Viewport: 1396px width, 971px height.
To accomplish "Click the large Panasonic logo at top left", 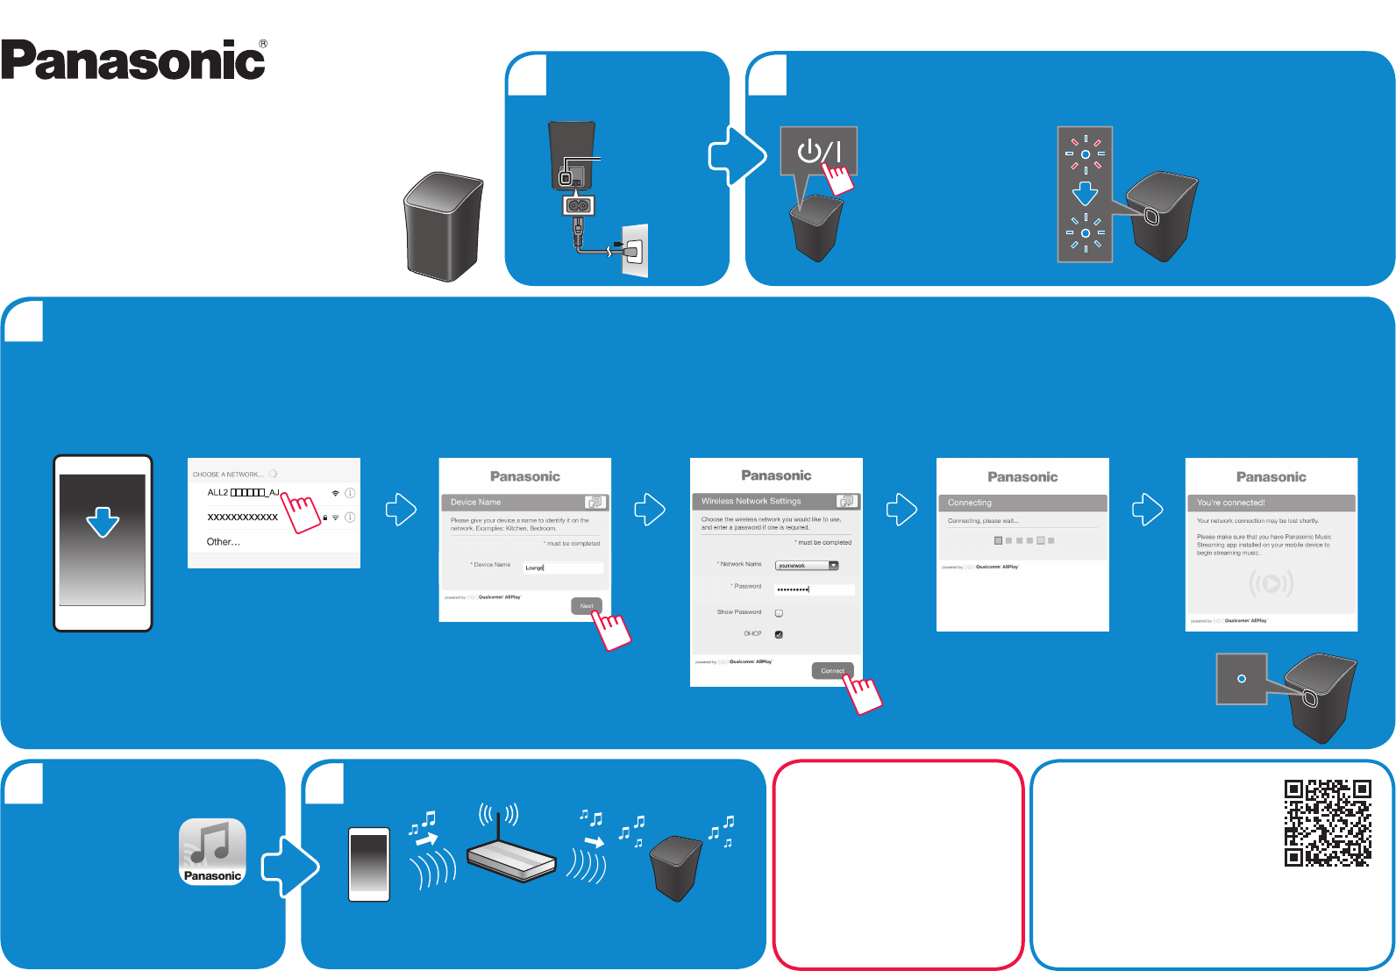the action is tap(133, 61).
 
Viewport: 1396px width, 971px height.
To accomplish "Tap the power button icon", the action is tap(818, 151).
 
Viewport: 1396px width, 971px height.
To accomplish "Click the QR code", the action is tap(1327, 823).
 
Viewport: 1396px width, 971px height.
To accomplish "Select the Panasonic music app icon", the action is tap(212, 851).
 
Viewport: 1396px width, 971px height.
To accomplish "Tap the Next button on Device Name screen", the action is tap(586, 606).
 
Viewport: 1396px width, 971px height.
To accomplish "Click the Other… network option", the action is tap(224, 542).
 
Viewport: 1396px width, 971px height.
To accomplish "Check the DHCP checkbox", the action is tap(779, 634).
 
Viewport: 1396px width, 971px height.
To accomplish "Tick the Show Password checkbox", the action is tap(779, 613).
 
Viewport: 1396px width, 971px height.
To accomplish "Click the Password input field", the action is tap(814, 589).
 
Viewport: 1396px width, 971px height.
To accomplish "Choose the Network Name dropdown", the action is tap(807, 566).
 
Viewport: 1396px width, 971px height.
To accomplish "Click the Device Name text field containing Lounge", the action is tap(562, 568).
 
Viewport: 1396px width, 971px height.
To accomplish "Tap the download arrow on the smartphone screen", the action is tap(103, 522).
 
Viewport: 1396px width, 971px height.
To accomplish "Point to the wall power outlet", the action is tap(635, 251).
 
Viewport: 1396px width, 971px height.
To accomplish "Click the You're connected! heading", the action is tap(1231, 503).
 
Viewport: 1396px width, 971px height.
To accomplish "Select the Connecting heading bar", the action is tap(1022, 503).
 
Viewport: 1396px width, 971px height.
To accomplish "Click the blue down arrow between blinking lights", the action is tap(1086, 193).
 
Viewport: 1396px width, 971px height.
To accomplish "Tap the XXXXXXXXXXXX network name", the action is tap(243, 518).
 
